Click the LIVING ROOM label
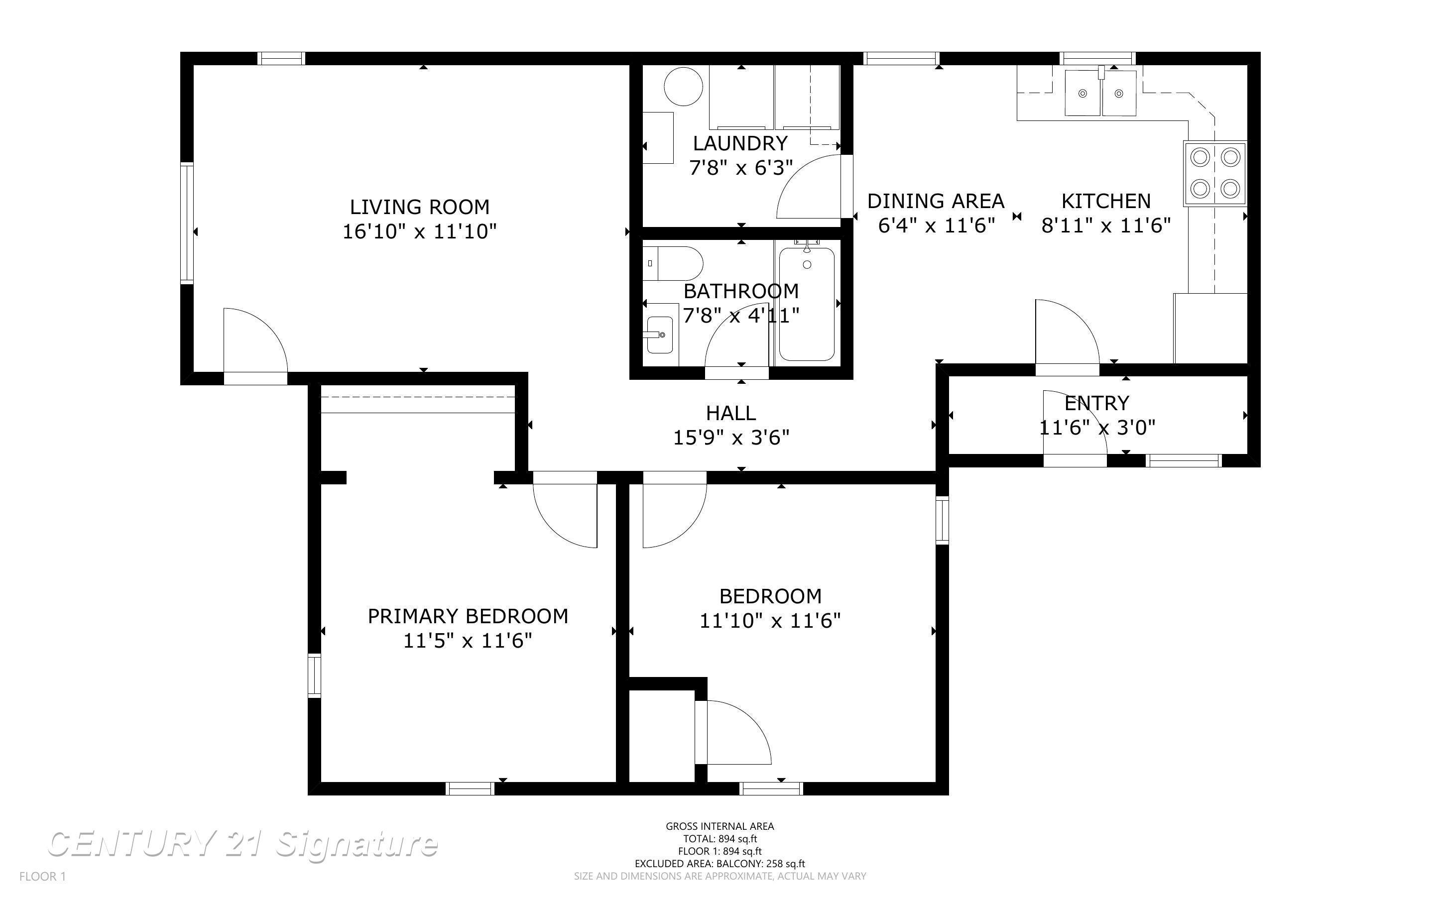click(420, 207)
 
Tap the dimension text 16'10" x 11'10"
click(420, 231)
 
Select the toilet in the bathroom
click(673, 264)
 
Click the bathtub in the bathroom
click(807, 304)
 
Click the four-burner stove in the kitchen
click(1215, 173)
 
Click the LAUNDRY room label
click(740, 143)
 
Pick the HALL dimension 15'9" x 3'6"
click(731, 438)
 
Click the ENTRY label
click(1096, 403)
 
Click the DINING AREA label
click(936, 201)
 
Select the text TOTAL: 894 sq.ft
click(720, 839)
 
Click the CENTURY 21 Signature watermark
click(242, 845)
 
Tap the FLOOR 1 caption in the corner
click(42, 876)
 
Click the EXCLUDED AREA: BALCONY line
click(720, 864)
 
